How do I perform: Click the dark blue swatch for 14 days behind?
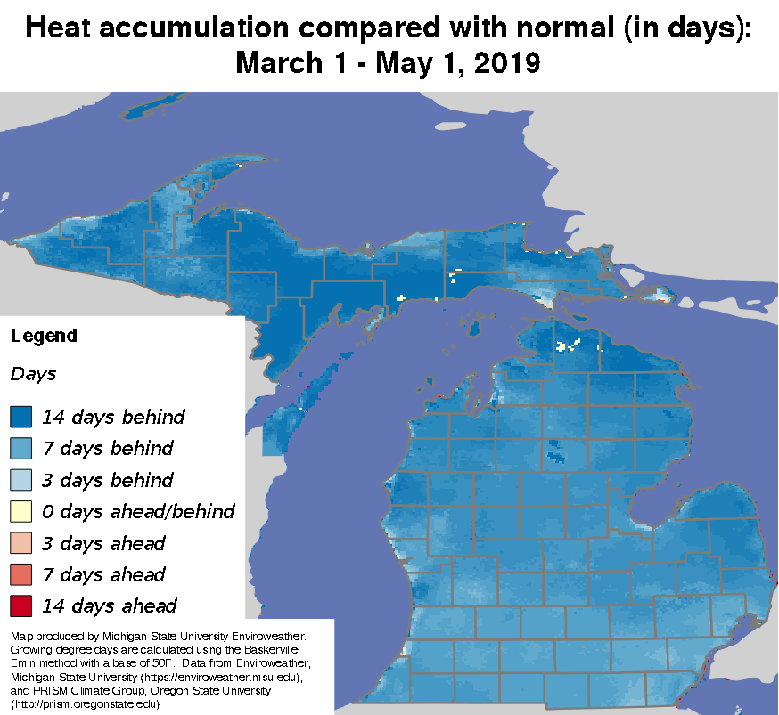(x=21, y=416)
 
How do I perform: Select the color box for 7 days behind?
(x=21, y=448)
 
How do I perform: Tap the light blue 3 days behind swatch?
(x=21, y=480)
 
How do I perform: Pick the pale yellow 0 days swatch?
(x=21, y=511)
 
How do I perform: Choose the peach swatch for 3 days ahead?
(x=21, y=543)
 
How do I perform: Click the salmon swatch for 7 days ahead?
(x=21, y=574)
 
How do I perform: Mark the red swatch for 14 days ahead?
(x=21, y=606)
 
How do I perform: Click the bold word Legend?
(x=44, y=337)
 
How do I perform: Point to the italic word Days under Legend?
(x=33, y=374)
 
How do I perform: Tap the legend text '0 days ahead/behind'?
(x=138, y=511)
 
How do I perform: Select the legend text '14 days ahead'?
(x=109, y=606)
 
